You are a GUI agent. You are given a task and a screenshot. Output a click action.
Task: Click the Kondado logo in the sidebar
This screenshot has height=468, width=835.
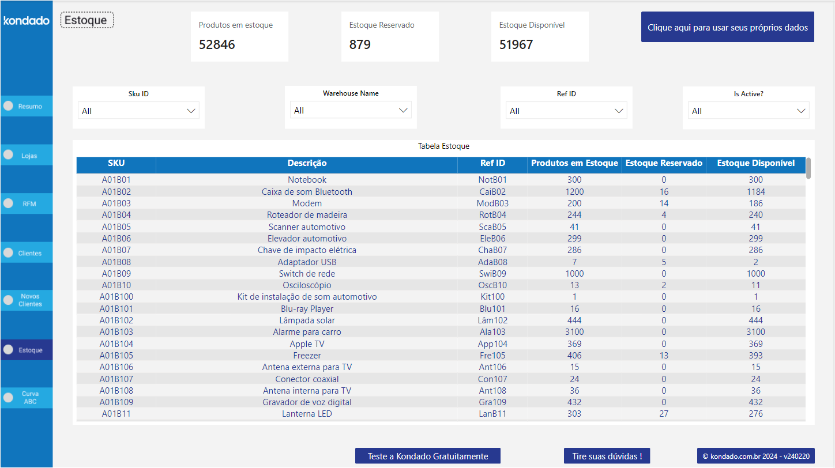click(27, 21)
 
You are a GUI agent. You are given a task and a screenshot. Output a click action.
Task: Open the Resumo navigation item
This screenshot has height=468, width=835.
click(27, 106)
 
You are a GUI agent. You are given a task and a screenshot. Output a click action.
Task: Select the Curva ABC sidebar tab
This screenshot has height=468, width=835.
click(27, 398)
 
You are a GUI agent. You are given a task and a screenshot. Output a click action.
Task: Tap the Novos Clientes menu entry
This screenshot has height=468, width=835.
click(27, 300)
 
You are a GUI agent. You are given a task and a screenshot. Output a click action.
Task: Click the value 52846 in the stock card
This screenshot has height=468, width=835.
click(217, 45)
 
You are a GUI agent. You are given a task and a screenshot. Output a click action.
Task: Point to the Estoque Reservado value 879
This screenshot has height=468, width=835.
click(360, 45)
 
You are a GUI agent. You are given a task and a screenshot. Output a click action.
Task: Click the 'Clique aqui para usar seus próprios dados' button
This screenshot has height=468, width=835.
click(727, 27)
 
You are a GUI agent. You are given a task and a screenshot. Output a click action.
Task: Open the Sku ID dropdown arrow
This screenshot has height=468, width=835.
click(191, 111)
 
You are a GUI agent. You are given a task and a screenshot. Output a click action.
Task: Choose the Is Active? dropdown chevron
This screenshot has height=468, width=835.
click(801, 111)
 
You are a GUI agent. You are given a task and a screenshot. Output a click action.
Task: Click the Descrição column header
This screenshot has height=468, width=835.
click(307, 164)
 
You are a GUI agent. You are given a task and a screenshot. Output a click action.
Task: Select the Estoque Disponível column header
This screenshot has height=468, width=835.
click(755, 164)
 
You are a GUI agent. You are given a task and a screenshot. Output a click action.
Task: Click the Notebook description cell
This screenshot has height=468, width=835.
click(307, 180)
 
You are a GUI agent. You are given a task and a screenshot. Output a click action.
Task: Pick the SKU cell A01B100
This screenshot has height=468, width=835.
click(116, 297)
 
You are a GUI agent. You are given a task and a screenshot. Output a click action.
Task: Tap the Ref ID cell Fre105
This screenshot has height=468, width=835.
click(492, 356)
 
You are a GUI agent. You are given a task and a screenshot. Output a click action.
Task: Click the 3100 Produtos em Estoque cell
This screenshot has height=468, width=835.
click(574, 332)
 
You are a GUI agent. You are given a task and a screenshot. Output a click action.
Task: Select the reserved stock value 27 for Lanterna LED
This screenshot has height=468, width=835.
click(664, 414)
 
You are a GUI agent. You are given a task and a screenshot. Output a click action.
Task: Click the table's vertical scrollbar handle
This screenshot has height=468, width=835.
click(808, 168)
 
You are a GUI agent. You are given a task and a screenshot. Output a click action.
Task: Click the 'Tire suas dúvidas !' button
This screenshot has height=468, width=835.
click(607, 456)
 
